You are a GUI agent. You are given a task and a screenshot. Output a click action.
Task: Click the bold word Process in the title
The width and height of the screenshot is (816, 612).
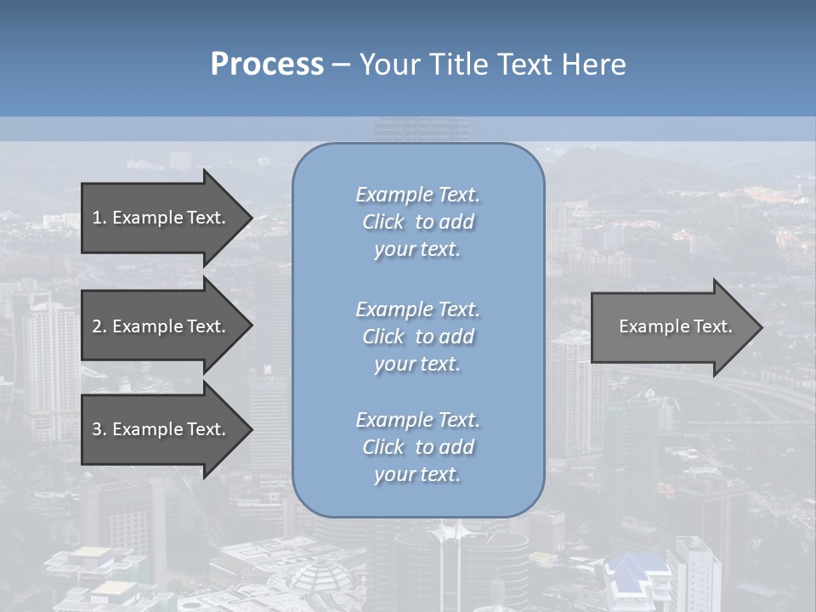click(x=267, y=65)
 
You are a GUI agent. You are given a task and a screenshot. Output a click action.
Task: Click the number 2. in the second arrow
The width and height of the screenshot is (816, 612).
click(x=99, y=326)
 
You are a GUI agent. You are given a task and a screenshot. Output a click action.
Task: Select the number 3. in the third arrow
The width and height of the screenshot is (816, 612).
click(x=99, y=429)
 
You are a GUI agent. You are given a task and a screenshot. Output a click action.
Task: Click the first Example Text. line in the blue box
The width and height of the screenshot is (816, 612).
click(x=417, y=195)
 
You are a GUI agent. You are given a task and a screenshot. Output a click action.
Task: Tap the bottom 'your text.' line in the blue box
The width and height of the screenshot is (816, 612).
click(x=417, y=474)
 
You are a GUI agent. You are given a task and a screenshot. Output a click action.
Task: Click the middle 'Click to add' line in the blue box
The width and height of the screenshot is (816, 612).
click(x=417, y=337)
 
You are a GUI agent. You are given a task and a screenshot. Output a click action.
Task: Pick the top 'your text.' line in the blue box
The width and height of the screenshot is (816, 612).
click(x=417, y=249)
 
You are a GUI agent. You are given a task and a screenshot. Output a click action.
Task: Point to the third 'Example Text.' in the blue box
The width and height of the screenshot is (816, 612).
click(x=417, y=420)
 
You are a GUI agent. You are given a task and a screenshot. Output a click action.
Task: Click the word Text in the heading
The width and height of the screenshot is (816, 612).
click(x=523, y=65)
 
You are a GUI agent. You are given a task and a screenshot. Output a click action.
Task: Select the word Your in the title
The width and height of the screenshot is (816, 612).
click(x=390, y=65)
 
